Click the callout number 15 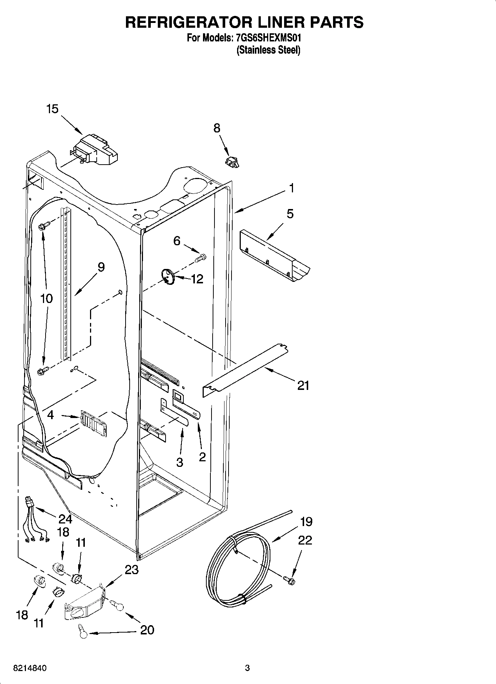coord(52,109)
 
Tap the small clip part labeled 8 coord(232,162)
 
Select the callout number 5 coord(290,214)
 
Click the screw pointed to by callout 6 coord(201,257)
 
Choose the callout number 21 coord(303,386)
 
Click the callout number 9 coord(101,267)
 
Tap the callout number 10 coord(46,299)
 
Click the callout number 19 coord(306,522)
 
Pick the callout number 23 coord(132,570)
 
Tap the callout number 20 coord(147,630)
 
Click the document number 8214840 coord(30,668)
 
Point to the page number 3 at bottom coord(247,668)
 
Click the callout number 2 coord(202,457)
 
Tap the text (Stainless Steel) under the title coord(268,50)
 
